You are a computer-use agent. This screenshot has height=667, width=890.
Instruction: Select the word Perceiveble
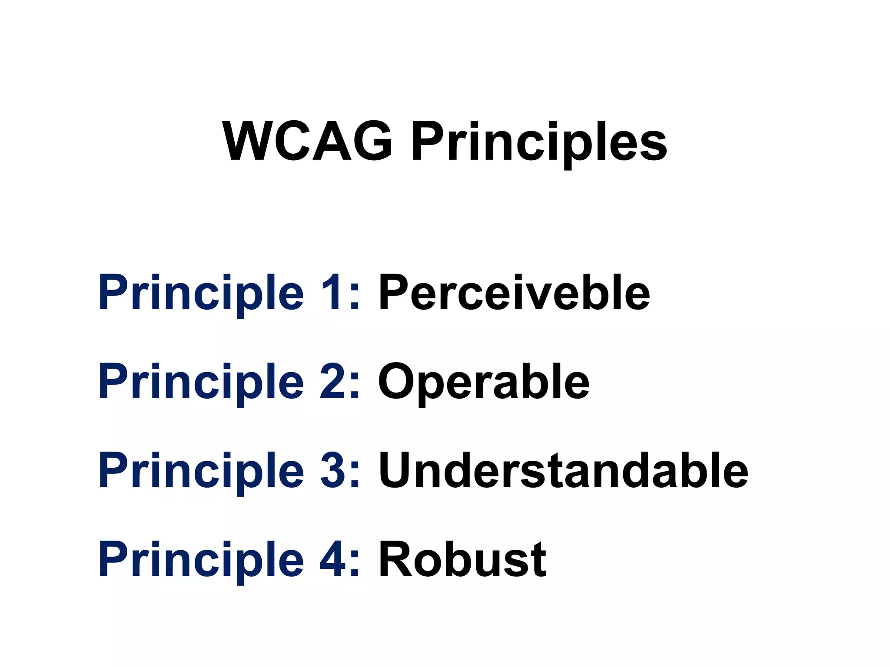514,293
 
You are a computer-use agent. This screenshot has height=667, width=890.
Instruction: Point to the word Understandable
564,470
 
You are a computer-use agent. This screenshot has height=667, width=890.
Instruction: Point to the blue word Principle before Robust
201,561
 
